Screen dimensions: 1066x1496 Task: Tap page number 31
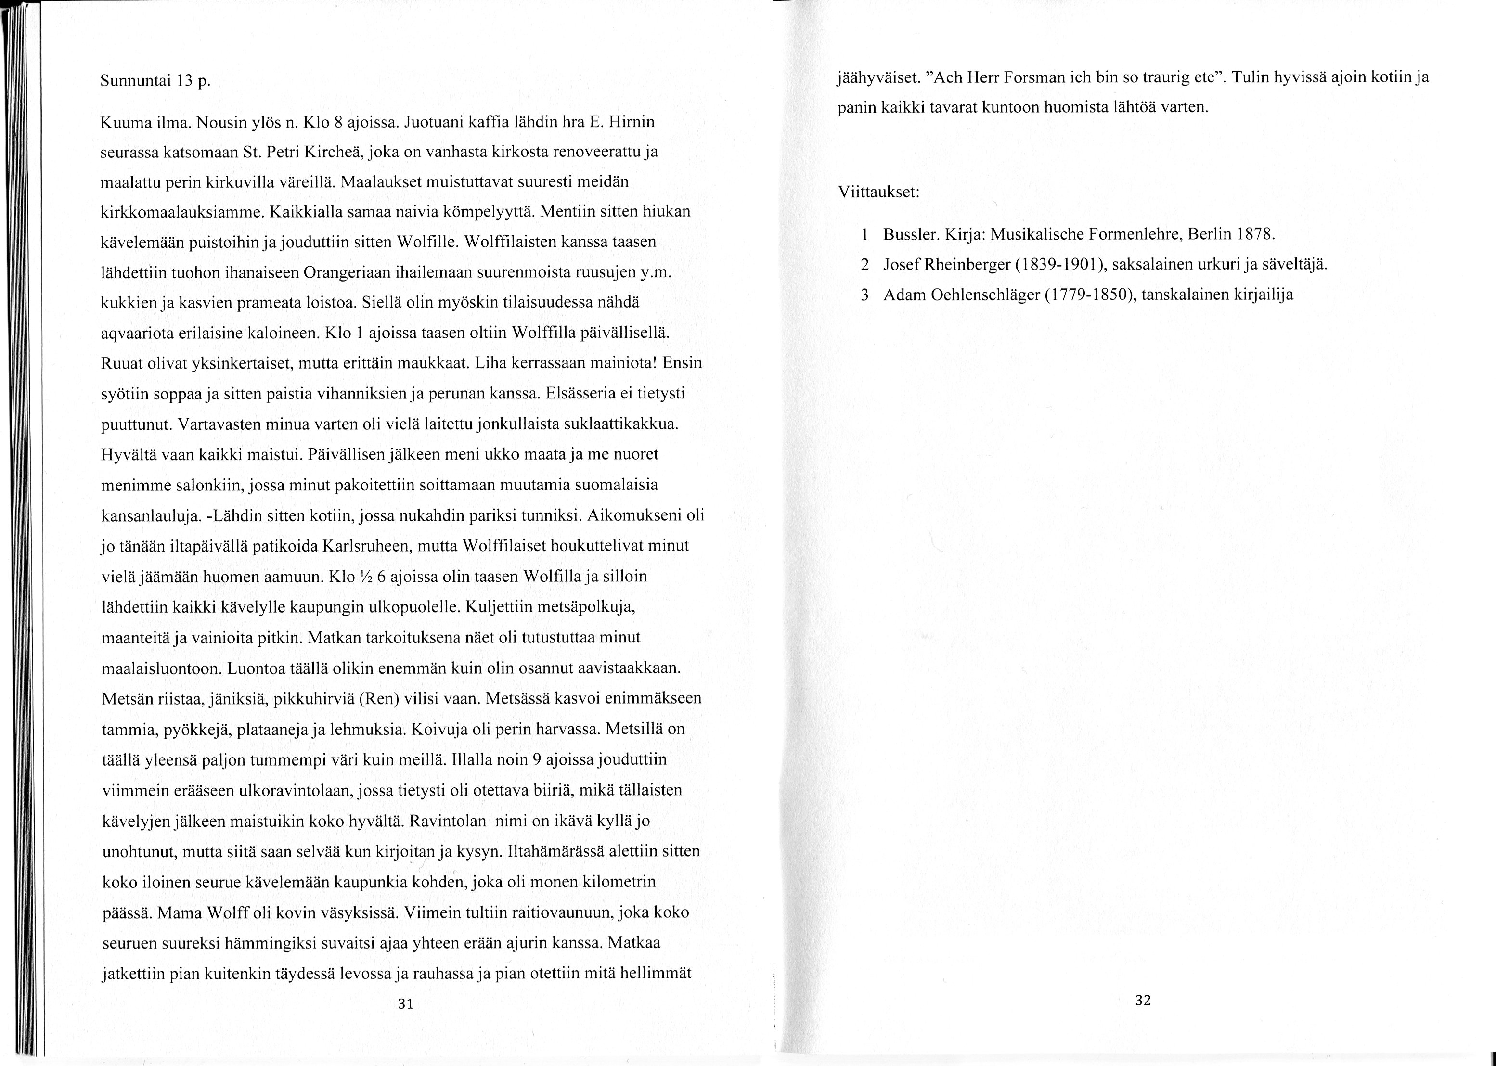[x=406, y=1003]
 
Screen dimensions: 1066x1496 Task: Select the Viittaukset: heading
[x=878, y=193]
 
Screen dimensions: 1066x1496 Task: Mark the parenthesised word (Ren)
[x=379, y=698]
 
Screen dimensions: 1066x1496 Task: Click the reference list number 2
[x=865, y=265]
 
